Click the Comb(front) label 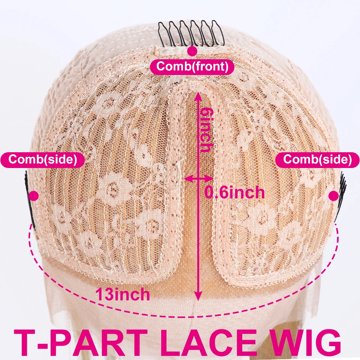[x=192, y=67]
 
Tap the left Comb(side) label [x=42, y=159]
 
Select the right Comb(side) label [x=318, y=159]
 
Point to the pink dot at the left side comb [x=34, y=195]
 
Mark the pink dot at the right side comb [x=333, y=195]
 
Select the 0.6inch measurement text [x=234, y=192]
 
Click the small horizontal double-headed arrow [x=196, y=179]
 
